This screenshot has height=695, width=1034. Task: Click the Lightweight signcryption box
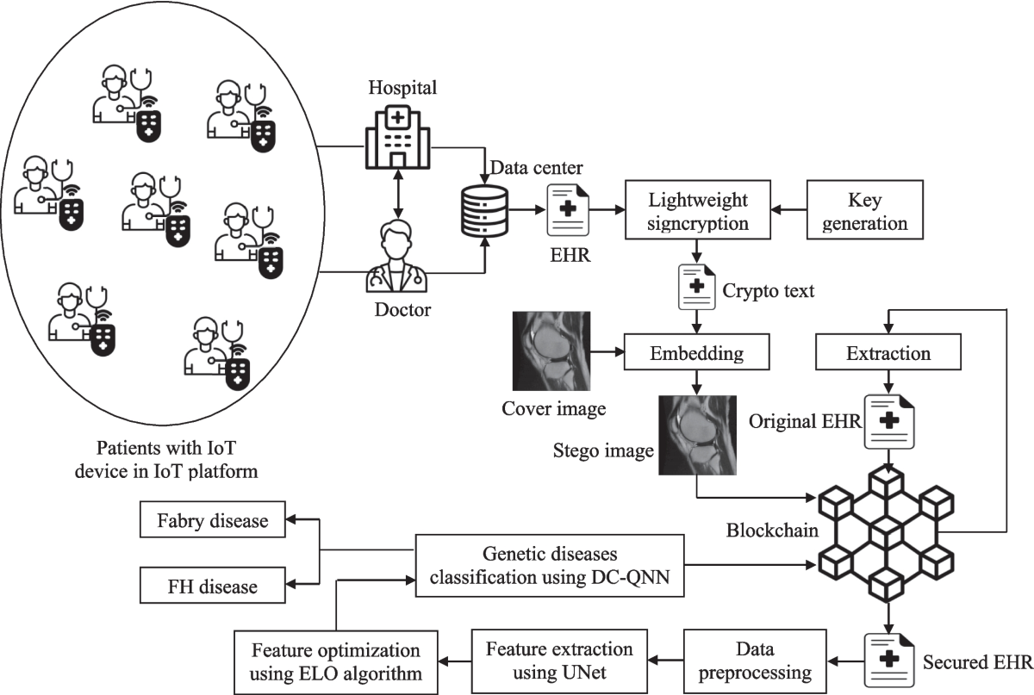[x=698, y=211]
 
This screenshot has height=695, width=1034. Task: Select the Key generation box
[x=865, y=211]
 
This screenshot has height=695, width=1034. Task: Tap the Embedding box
[x=697, y=353]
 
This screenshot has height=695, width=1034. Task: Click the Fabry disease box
[x=212, y=520]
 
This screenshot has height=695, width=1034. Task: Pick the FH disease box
[x=212, y=587]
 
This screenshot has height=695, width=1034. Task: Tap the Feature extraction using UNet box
[x=558, y=661]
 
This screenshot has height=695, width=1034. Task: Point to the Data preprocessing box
[x=755, y=661]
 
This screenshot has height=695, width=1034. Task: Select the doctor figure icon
[x=396, y=258]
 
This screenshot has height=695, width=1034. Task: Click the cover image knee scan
[x=551, y=352]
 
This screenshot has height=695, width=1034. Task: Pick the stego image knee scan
[x=696, y=435]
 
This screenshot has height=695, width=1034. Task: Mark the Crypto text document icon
[x=697, y=289]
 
